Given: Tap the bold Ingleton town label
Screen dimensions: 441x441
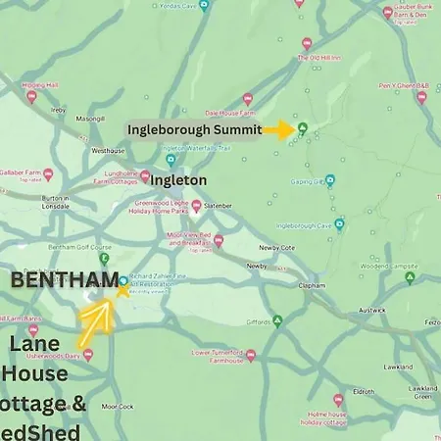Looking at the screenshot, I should pyautogui.click(x=177, y=180).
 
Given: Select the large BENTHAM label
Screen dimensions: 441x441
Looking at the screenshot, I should pyautogui.click(x=64, y=281).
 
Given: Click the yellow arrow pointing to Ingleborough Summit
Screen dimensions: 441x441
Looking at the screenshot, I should pyautogui.click(x=281, y=129).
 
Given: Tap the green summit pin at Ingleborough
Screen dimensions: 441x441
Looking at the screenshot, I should pyautogui.click(x=303, y=127).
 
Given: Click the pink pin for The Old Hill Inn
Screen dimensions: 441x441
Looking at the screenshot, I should pyautogui.click(x=307, y=44).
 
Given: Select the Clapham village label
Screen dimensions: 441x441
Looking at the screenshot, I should pyautogui.click(x=313, y=285).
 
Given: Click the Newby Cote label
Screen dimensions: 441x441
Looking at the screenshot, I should pyautogui.click(x=277, y=247).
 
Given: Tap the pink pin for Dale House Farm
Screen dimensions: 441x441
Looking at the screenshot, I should pyautogui.click(x=247, y=99).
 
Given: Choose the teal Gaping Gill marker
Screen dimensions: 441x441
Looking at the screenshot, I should pyautogui.click(x=329, y=180).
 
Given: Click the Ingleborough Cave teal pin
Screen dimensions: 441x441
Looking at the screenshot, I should pyautogui.click(x=339, y=223).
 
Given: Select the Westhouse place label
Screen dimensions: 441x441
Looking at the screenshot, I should pyautogui.click(x=108, y=151).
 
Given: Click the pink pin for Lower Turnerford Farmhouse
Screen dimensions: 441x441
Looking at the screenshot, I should pyautogui.click(x=251, y=355).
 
